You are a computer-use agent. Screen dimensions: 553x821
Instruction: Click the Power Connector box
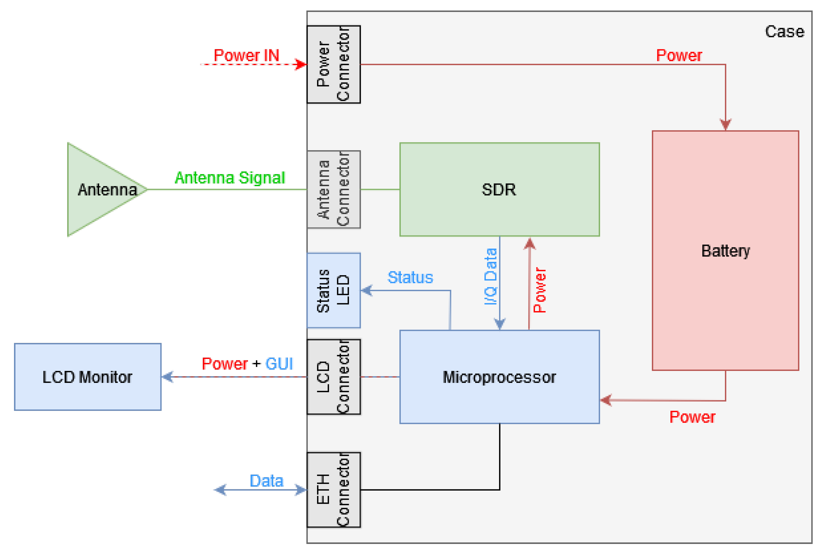pyautogui.click(x=333, y=64)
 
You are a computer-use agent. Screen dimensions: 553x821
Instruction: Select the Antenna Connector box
pyautogui.click(x=333, y=189)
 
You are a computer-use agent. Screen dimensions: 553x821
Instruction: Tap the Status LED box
pyautogui.click(x=333, y=290)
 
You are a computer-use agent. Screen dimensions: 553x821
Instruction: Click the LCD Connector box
pyautogui.click(x=333, y=377)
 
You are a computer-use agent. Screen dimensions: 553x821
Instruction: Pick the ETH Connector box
pyautogui.click(x=333, y=489)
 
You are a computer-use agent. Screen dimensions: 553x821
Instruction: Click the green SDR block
pyautogui.click(x=499, y=189)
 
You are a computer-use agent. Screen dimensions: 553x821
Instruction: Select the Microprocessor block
pyautogui.click(x=499, y=377)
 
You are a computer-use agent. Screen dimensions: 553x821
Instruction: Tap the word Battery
pyautogui.click(x=725, y=251)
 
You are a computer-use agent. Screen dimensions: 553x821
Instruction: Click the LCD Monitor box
pyautogui.click(x=88, y=377)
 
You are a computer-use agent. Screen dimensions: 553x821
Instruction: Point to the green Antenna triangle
pyautogui.click(x=102, y=189)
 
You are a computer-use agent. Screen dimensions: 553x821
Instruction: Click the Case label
pyautogui.click(x=784, y=32)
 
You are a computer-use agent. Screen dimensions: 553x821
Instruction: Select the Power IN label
pyautogui.click(x=246, y=55)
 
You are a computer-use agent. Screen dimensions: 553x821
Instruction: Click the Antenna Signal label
pyautogui.click(x=230, y=178)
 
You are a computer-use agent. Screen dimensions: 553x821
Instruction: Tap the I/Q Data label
pyautogui.click(x=490, y=277)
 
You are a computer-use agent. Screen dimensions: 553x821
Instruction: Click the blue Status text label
pyautogui.click(x=410, y=278)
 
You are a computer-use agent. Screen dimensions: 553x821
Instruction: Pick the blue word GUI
pyautogui.click(x=279, y=364)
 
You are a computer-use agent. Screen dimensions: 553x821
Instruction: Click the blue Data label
pyautogui.click(x=266, y=481)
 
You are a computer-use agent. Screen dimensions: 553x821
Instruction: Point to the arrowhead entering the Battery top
pyautogui.click(x=725, y=124)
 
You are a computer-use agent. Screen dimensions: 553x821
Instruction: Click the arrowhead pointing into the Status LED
pyautogui.click(x=367, y=290)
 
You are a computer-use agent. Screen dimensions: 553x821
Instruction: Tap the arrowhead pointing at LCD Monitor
pyautogui.click(x=167, y=377)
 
